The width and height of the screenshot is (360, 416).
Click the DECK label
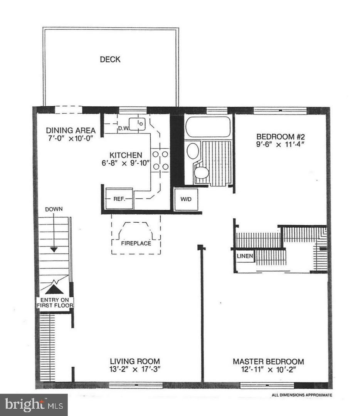pyautogui.click(x=110, y=59)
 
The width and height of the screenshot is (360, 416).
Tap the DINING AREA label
pyautogui.click(x=71, y=131)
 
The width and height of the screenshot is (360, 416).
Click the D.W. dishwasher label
pyautogui.click(x=123, y=127)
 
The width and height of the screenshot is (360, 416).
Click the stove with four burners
pyautogui.click(x=160, y=160)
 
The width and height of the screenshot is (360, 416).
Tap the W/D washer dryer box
pyautogui.click(x=186, y=200)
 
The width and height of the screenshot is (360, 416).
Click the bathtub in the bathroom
pyautogui.click(x=208, y=127)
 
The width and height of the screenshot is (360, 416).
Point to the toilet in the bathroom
pyautogui.click(x=201, y=172)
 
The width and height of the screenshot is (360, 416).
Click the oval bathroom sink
pyautogui.click(x=193, y=151)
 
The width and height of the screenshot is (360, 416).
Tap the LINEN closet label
pyautogui.click(x=245, y=256)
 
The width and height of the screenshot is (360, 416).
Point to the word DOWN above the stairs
pyautogui.click(x=54, y=209)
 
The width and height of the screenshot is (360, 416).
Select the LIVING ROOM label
pyautogui.click(x=135, y=361)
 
